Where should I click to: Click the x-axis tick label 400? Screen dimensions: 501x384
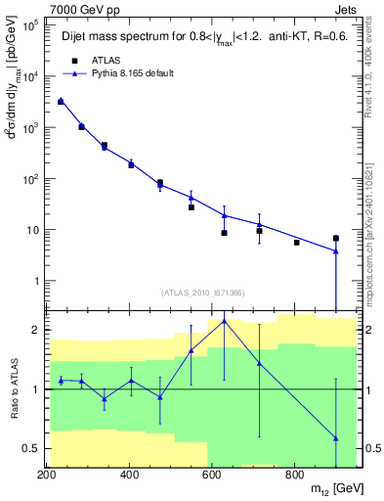point(130,475)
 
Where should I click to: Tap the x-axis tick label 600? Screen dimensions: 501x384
point(212,475)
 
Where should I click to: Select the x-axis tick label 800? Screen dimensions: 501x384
point(295,475)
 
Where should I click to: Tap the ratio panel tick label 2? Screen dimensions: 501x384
point(34,330)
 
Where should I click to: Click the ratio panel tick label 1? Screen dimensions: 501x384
point(34,389)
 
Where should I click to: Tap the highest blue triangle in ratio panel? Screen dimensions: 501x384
point(225,320)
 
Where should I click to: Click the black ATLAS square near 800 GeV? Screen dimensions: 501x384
point(296,242)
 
